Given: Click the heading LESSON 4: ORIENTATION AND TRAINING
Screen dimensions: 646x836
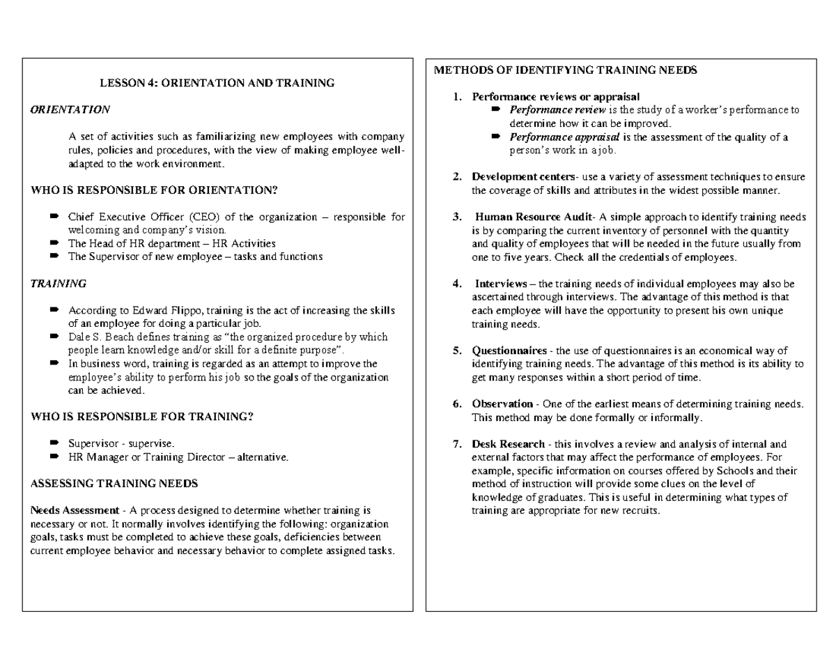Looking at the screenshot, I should pyautogui.click(x=217, y=83).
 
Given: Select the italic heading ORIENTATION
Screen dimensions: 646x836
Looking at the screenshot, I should pyautogui.click(x=70, y=109).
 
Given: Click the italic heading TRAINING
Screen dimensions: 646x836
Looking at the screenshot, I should pyautogui.click(x=59, y=284).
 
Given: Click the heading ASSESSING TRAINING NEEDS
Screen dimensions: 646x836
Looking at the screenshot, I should pyautogui.click(x=115, y=483).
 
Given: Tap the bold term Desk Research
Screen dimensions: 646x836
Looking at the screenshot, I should pyautogui.click(x=508, y=444).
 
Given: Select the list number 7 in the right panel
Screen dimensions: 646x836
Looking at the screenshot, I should pyautogui.click(x=456, y=444).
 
